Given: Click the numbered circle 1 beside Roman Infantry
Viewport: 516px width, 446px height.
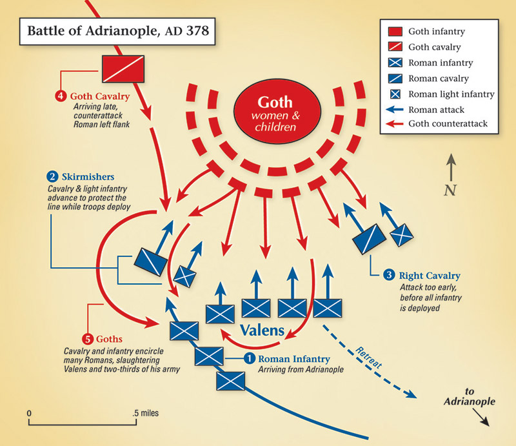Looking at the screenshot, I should [x=250, y=359].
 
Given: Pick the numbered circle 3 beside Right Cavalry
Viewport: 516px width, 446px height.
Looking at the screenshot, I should [x=389, y=275].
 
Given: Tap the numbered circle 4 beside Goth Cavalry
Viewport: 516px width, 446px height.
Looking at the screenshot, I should [x=61, y=97].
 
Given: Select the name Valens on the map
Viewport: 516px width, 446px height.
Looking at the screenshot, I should [x=262, y=330].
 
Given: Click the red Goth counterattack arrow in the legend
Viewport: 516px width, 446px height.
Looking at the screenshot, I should [x=396, y=123].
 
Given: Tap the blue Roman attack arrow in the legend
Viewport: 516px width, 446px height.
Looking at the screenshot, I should [x=396, y=109].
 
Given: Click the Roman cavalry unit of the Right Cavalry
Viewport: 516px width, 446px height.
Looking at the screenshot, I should [x=368, y=238].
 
